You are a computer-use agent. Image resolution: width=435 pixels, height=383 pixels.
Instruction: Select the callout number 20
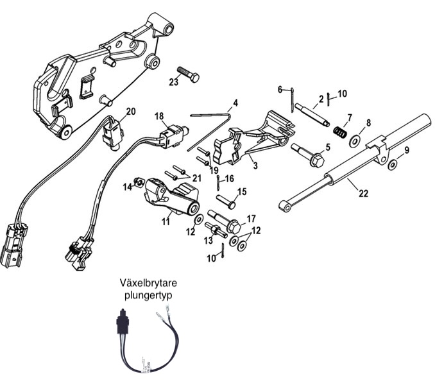pos(131,112)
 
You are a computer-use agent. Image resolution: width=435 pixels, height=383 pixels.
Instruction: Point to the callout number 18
pos(159,116)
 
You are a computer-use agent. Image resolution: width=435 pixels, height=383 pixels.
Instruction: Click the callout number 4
pos(235,103)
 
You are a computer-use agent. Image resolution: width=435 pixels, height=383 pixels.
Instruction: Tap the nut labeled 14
pos(137,185)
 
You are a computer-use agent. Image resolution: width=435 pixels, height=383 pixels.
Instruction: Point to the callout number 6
pos(280,89)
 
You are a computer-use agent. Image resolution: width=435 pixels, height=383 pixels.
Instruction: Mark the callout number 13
pos(207,241)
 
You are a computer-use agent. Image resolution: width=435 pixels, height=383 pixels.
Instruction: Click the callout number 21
pos(197,178)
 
